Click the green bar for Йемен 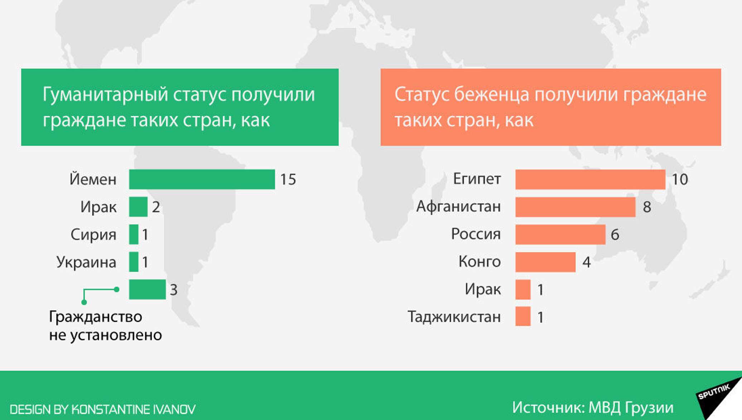202,179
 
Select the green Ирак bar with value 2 138,207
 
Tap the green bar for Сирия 134,234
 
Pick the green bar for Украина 134,262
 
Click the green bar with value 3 148,290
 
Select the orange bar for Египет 590,179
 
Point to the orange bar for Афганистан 575,207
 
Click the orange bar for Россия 560,234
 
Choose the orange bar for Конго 545,262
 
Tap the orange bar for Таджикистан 523,316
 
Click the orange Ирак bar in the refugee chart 523,290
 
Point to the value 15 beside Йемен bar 288,180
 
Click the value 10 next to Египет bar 680,180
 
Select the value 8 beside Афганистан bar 647,207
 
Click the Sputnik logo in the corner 718,398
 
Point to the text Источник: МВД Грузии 593,408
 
